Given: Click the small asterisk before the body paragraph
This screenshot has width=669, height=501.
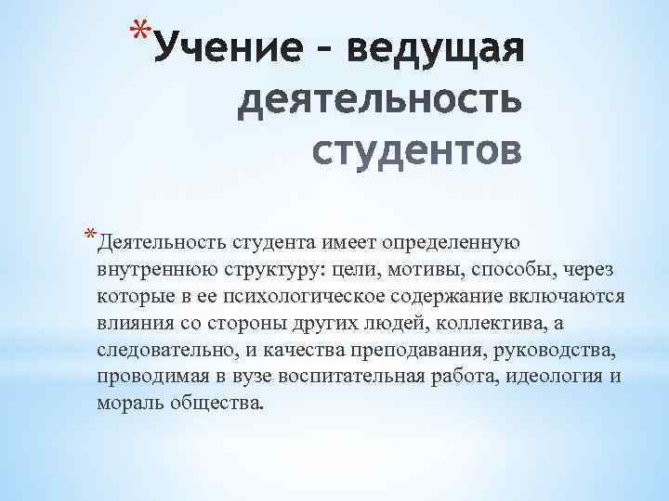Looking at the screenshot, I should coord(88,234).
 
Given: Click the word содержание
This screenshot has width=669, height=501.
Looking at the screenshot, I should coord(451,297).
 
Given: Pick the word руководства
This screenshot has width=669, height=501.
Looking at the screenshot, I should coord(563,351).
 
